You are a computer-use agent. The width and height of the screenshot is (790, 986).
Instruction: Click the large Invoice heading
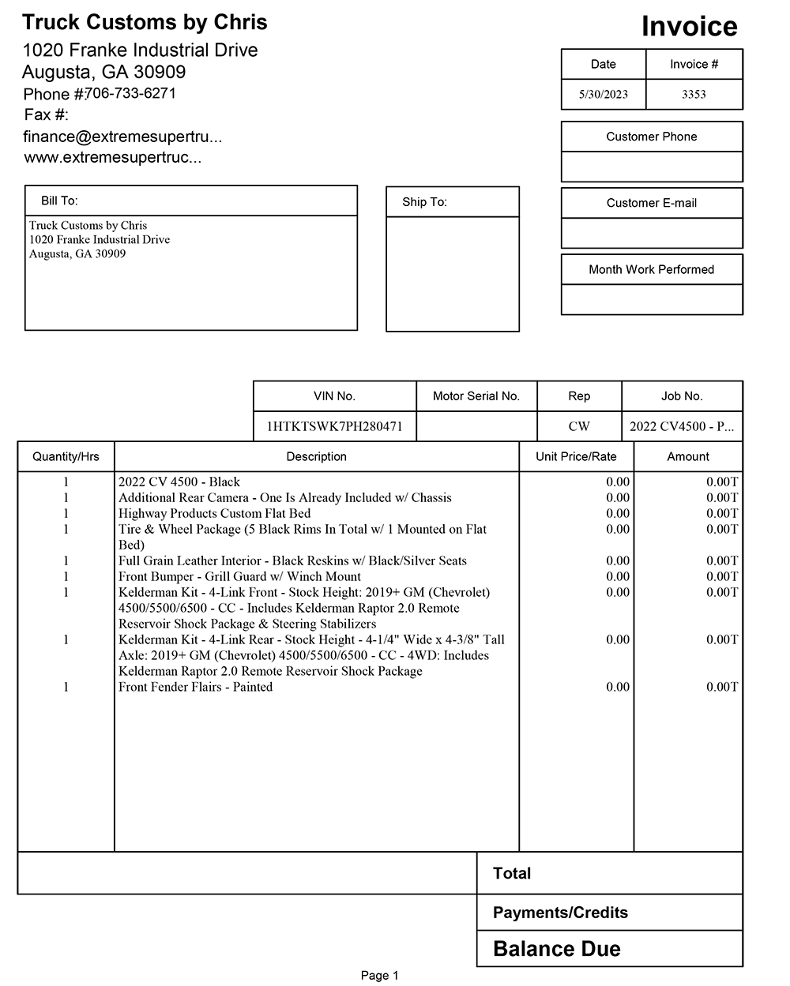(689, 27)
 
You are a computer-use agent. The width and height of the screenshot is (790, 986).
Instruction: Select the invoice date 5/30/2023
(603, 95)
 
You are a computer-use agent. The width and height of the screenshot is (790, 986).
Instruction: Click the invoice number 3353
(694, 95)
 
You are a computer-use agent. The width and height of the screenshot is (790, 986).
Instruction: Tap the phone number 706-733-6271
(130, 93)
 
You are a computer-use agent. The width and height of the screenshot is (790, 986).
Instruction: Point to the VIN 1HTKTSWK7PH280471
(334, 426)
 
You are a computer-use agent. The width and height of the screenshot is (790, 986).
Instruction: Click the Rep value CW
(579, 426)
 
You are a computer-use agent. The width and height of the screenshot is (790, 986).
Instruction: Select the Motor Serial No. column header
(476, 396)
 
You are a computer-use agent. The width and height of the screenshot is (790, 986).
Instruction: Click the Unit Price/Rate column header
(576, 456)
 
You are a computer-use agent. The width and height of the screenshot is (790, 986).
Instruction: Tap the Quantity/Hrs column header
(66, 456)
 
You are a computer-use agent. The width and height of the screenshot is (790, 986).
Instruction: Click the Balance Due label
(556, 949)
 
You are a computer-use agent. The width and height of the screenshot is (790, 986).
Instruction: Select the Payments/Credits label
(560, 913)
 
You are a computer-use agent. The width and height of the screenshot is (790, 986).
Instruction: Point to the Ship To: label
(424, 202)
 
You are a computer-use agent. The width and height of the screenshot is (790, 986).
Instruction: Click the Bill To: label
(59, 201)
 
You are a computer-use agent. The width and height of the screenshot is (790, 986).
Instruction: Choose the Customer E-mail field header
(651, 203)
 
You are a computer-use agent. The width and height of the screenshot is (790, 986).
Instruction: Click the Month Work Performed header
(651, 269)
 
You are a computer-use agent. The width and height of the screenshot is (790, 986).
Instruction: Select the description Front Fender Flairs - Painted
(195, 687)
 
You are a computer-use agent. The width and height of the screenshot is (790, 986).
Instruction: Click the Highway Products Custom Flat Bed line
(214, 513)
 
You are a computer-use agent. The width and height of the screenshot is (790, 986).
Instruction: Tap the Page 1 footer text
(379, 976)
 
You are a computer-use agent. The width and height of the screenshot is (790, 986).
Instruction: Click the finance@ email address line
(122, 137)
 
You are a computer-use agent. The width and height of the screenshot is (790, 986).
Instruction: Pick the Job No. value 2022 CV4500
(681, 426)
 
